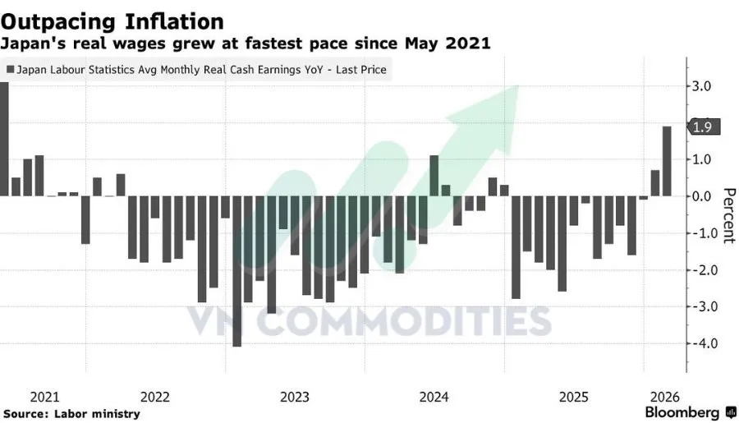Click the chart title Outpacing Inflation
pos(112,20)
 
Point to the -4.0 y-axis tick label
pos(705,343)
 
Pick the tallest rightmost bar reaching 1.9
pos(667,162)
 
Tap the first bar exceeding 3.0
pos(4,140)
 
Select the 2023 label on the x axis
pos(295,397)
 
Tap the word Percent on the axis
pos(728,215)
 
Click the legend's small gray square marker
pos(10,70)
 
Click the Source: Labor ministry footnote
pos(71,413)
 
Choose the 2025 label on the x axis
pos(574,397)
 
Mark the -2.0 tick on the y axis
pos(705,270)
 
